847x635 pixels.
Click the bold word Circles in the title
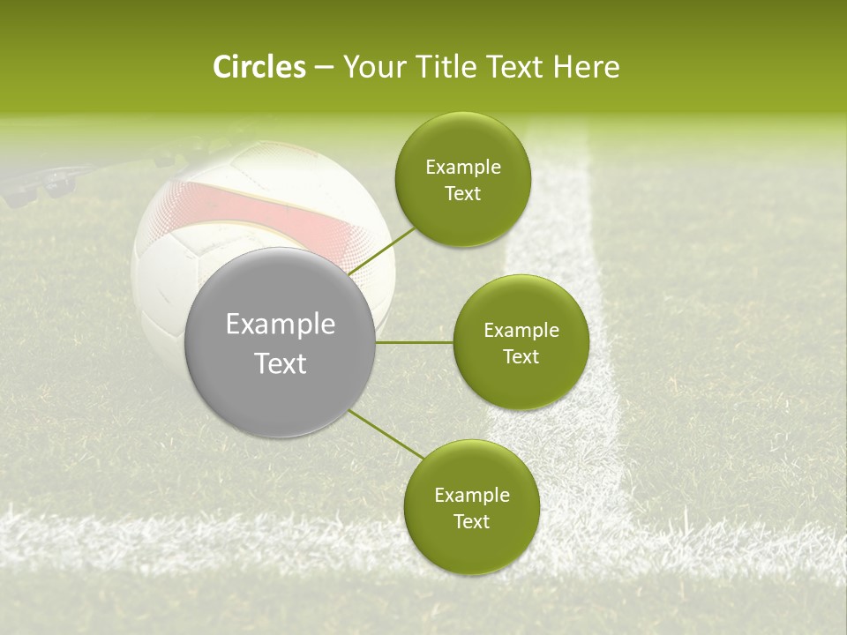259,67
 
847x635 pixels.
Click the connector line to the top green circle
384,251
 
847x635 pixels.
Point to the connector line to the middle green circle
415,342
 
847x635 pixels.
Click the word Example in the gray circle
281,325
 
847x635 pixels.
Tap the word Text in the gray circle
281,363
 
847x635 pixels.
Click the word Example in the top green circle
462,168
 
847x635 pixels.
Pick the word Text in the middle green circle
521,357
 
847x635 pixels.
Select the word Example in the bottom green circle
471,496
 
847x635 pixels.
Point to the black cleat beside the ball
35,182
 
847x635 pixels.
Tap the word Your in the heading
370,67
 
